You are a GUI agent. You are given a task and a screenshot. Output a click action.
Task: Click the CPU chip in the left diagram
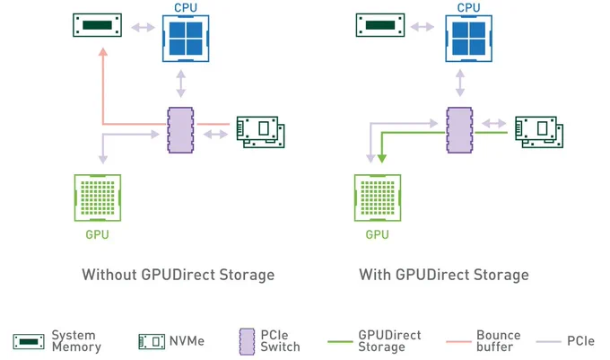coord(186,39)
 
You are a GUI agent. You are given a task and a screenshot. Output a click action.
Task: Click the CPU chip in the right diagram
coord(468,39)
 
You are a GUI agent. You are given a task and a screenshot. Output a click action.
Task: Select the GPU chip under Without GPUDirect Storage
coord(98,198)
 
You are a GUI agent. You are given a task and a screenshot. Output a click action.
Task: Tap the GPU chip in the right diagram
coord(378,198)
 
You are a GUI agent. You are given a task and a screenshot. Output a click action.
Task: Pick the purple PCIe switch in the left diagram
coord(180,130)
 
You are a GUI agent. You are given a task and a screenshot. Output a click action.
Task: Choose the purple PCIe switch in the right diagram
coord(459,130)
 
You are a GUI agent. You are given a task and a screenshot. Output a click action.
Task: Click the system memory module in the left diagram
coord(97,25)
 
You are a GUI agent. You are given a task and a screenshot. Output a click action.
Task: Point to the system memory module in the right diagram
coord(380,25)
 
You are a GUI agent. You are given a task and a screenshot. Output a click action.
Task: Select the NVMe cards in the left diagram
coord(261,132)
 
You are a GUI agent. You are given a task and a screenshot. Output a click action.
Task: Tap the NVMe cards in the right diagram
coord(539,132)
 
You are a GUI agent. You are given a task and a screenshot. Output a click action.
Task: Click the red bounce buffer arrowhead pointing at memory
coord(103,52)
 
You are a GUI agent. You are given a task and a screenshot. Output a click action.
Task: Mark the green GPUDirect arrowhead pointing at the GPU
coord(382,158)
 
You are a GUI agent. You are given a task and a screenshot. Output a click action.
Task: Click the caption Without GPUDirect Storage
coord(179,275)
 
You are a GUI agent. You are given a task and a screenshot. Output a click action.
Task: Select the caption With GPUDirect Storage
coord(444,275)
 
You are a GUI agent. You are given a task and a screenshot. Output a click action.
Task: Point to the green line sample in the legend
coord(340,342)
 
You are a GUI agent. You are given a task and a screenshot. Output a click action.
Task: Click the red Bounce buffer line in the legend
coord(458,342)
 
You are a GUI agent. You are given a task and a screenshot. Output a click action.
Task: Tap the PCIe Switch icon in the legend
coord(247,342)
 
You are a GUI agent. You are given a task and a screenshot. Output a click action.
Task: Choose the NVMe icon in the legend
coord(152,341)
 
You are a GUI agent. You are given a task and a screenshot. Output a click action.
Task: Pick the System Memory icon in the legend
coord(29,341)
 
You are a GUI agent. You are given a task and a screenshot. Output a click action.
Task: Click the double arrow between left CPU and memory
coord(143,27)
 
